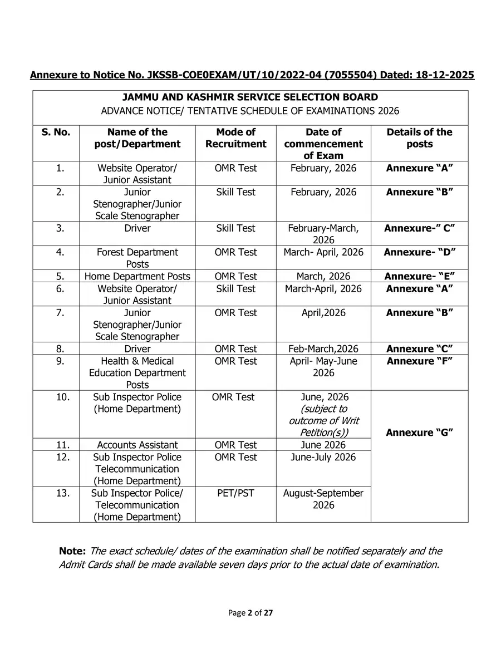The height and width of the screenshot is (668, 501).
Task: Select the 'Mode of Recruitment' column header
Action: pos(235,138)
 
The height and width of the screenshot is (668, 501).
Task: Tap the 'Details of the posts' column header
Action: pos(419,138)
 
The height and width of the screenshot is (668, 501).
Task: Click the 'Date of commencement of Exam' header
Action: pos(323,144)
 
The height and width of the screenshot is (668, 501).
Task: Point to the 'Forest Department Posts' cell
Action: pos(137,258)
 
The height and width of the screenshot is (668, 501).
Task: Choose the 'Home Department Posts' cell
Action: pos(137,276)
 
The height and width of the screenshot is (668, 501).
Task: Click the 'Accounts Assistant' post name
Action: pos(137,445)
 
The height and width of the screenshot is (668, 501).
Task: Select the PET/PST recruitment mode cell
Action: pos(235,493)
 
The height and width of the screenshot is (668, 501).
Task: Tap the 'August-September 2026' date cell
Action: pos(323,499)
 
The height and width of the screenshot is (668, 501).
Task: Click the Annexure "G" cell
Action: pos(419,433)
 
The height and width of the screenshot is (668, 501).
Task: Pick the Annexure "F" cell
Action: pos(419,361)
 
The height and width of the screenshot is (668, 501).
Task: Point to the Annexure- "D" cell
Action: pos(419,252)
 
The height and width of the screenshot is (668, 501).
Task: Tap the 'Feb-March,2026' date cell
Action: pos(323,349)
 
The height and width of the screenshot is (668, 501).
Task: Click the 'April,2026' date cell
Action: pos(323,313)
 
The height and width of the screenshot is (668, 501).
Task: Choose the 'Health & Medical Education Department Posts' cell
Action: pos(137,373)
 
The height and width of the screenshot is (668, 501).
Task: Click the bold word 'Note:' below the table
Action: pos(72,551)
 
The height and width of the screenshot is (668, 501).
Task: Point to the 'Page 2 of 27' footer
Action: pos(250,613)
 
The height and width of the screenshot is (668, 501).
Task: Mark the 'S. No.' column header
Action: pos(56,132)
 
